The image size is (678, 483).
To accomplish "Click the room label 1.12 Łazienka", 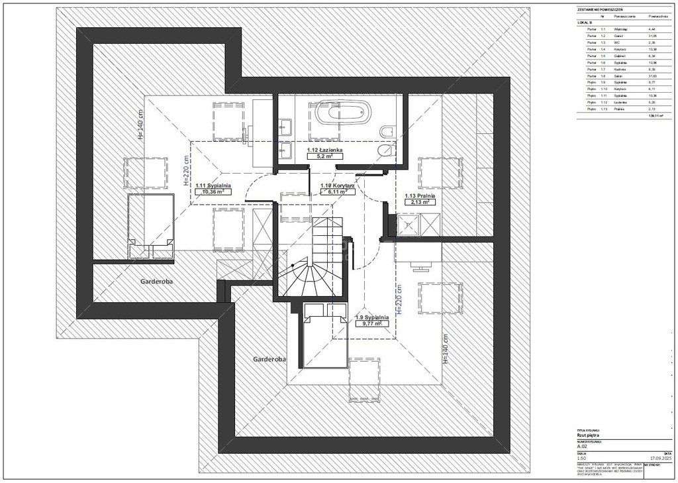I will pyautogui.click(x=324, y=151).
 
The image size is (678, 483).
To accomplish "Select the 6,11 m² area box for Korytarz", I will pyautogui.click(x=338, y=193).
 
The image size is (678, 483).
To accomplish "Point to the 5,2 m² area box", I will pyautogui.click(x=324, y=158).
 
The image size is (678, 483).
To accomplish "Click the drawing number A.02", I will pyautogui.click(x=583, y=446).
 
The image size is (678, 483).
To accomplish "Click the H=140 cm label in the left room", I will pyautogui.click(x=140, y=125).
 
